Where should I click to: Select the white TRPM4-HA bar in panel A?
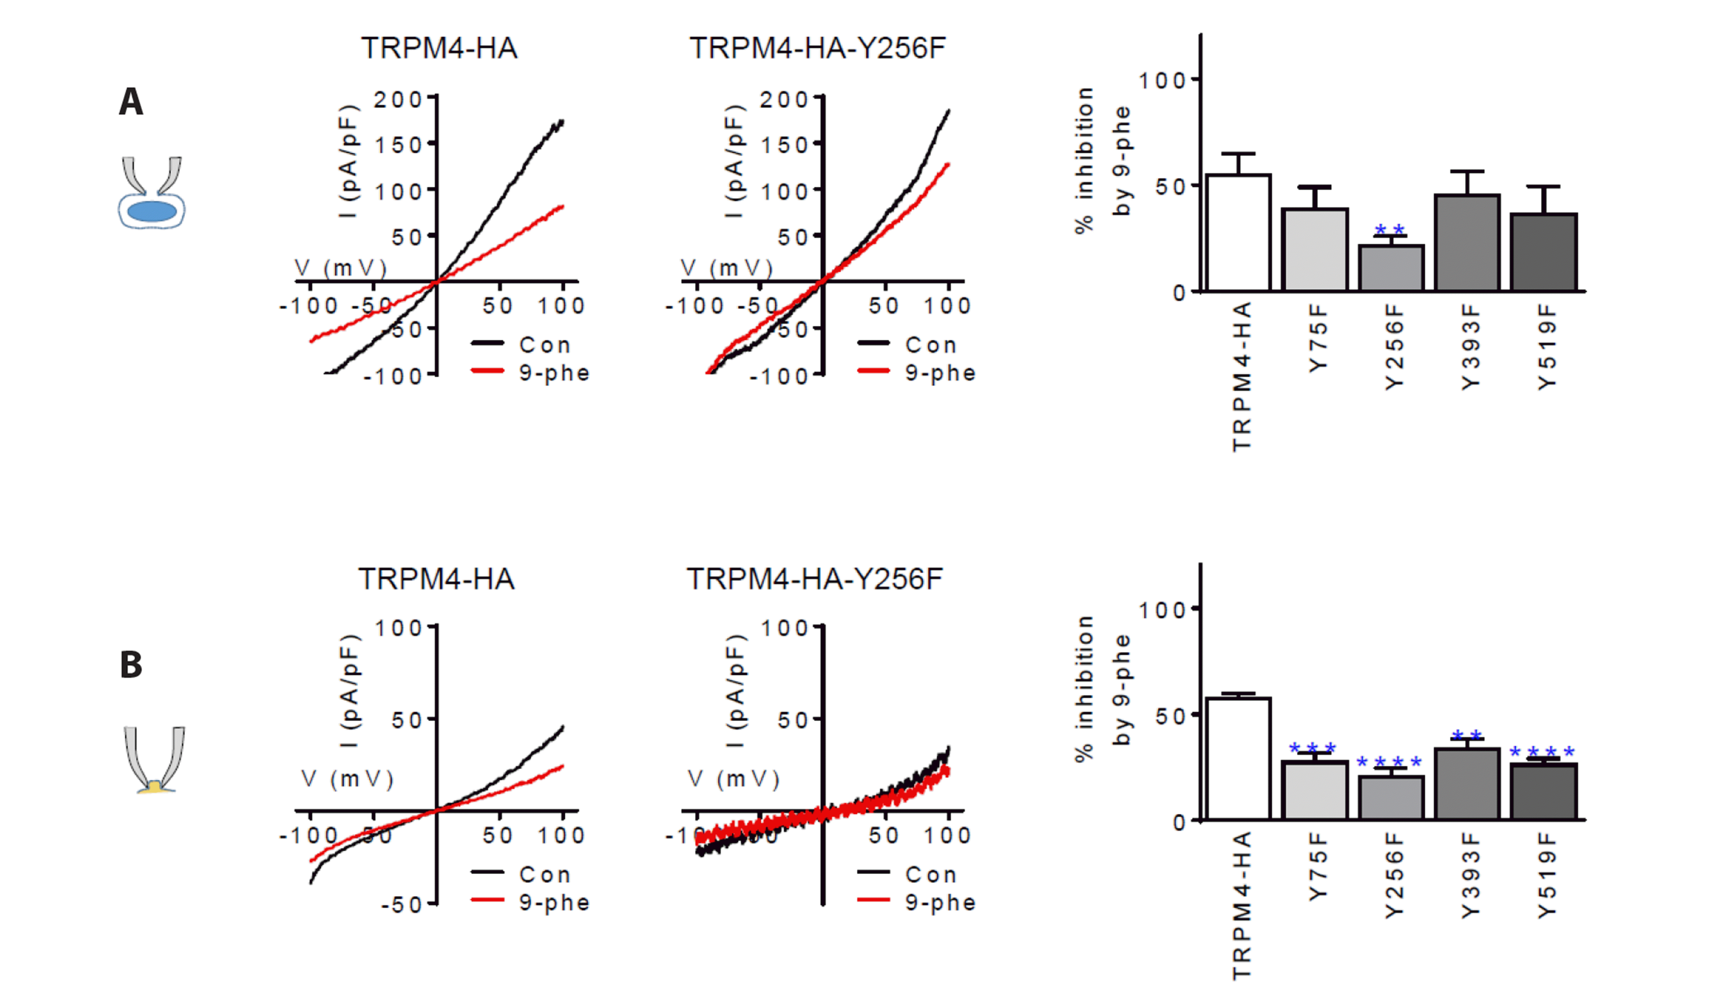tap(1238, 233)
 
